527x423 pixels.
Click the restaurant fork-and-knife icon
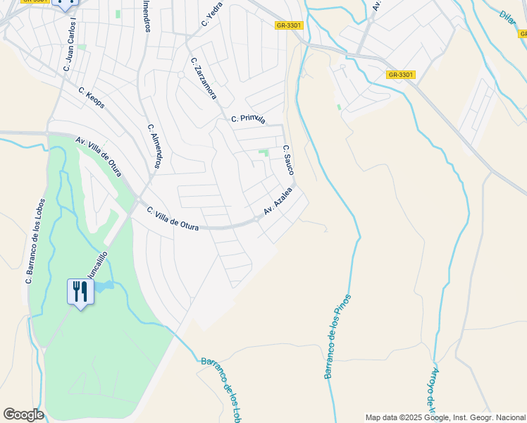80,291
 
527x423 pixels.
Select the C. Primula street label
248,120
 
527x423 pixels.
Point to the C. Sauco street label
288,160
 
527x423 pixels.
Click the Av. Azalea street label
278,202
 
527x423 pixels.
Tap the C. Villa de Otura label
173,219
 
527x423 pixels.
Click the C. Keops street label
92,98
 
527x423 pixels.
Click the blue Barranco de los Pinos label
337,336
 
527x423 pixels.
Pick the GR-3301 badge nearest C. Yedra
289,25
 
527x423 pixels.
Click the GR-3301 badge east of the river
401,74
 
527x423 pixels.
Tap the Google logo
23,415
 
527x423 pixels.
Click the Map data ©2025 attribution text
445,417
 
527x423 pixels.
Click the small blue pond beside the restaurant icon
103,286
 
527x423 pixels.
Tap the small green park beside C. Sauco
264,152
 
